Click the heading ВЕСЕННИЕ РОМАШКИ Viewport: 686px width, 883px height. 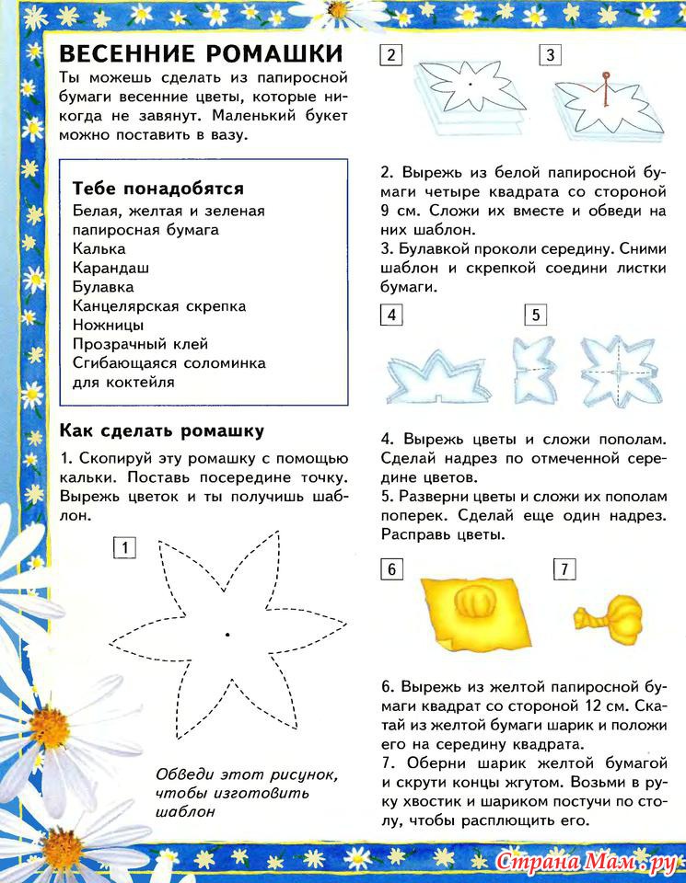coord(200,52)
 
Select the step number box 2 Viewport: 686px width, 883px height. coord(390,55)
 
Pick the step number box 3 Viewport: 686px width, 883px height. coord(550,55)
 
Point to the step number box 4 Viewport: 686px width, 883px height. coord(390,315)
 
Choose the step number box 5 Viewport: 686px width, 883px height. coord(535,315)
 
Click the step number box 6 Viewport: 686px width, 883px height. coord(390,569)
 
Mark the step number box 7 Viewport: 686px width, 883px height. coord(564,569)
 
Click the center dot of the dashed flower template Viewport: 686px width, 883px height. coord(227,635)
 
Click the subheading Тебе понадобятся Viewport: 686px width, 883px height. coord(157,189)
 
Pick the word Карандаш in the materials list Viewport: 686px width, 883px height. coord(110,268)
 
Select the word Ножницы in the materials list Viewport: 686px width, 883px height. coord(108,325)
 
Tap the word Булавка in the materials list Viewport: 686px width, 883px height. coord(103,287)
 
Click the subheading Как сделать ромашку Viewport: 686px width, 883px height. coord(161,430)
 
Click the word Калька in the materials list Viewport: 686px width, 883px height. coord(99,248)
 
